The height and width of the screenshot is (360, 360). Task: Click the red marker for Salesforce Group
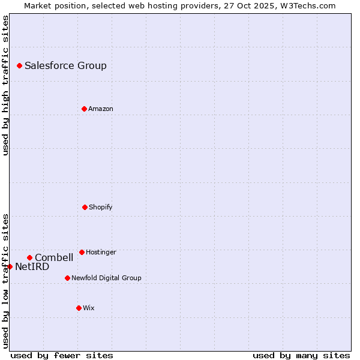(19, 65)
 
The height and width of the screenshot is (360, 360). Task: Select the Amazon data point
(84, 109)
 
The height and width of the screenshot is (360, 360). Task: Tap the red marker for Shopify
(85, 207)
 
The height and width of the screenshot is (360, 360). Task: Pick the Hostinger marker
(82, 252)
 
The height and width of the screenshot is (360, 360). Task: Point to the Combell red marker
(29, 257)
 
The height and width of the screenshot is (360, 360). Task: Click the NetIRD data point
(10, 266)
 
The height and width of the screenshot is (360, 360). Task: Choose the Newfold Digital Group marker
(67, 278)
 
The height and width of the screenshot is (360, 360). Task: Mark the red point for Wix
(79, 308)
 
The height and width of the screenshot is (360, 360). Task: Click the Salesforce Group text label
(65, 66)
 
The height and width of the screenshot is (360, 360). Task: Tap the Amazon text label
(100, 109)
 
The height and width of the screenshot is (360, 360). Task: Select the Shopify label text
(100, 208)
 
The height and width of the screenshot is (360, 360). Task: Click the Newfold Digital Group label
(106, 278)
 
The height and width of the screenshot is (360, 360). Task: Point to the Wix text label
(89, 308)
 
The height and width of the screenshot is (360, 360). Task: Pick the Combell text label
(54, 258)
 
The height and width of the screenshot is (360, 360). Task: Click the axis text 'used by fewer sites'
(62, 355)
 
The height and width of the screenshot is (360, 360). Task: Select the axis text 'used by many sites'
(301, 355)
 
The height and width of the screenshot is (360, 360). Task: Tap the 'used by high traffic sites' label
(5, 85)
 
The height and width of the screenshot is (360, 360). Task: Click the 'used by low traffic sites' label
(5, 281)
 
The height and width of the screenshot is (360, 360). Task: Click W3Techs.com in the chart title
(308, 5)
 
